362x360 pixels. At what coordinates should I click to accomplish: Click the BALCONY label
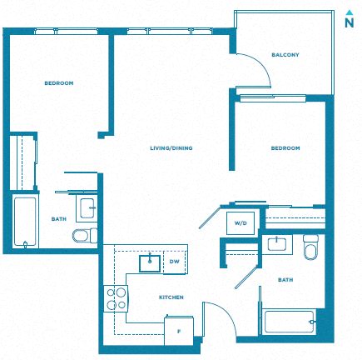pyautogui.click(x=285, y=55)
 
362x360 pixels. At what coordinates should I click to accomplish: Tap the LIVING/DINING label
pyautogui.click(x=171, y=148)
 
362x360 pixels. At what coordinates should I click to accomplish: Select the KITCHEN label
pyautogui.click(x=171, y=297)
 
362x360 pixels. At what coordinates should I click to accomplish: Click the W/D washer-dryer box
pyautogui.click(x=241, y=223)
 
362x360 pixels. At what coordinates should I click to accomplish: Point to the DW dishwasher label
pyautogui.click(x=175, y=262)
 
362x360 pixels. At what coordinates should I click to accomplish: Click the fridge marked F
pyautogui.click(x=179, y=331)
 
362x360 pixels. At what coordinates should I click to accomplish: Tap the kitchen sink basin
pyautogui.click(x=150, y=263)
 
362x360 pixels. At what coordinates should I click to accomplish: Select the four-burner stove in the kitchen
pyautogui.click(x=116, y=298)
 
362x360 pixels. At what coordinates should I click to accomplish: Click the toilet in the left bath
pyautogui.click(x=85, y=236)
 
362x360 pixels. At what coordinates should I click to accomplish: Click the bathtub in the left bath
pyautogui.click(x=25, y=222)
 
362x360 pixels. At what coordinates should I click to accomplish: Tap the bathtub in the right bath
pyautogui.click(x=290, y=322)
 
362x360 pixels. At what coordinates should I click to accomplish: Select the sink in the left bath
pyautogui.click(x=87, y=208)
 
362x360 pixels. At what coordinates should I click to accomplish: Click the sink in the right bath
pyautogui.click(x=277, y=244)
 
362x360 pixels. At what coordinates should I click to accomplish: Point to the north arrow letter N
pyautogui.click(x=350, y=22)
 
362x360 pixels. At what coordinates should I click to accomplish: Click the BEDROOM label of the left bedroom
pyautogui.click(x=59, y=83)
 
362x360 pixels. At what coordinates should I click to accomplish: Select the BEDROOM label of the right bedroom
pyautogui.click(x=285, y=148)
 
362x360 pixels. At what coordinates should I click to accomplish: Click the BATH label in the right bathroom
pyautogui.click(x=285, y=280)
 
